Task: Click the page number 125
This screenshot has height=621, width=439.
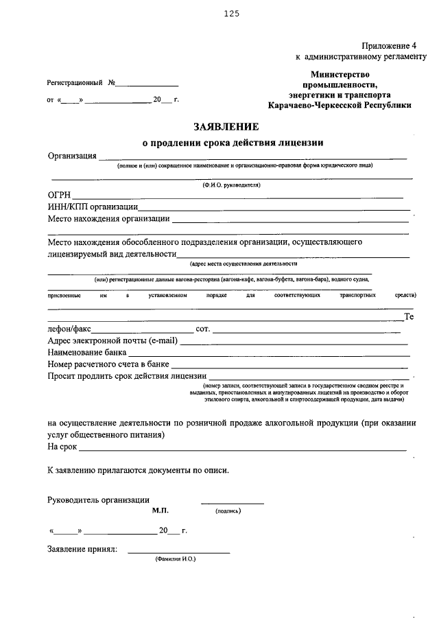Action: pyautogui.click(x=230, y=13)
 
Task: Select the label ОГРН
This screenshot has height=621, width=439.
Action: pyautogui.click(x=60, y=195)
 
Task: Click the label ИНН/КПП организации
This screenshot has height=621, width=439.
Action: pyautogui.click(x=93, y=207)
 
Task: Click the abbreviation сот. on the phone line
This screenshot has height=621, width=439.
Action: pyautogui.click(x=202, y=329)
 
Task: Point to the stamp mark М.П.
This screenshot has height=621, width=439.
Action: pyautogui.click(x=160, y=511)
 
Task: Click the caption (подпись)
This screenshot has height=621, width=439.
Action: pyautogui.click(x=228, y=511)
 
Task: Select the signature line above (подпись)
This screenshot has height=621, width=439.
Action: pyautogui.click(x=232, y=504)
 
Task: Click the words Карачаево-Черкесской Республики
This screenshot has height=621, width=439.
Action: pyautogui.click(x=340, y=106)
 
